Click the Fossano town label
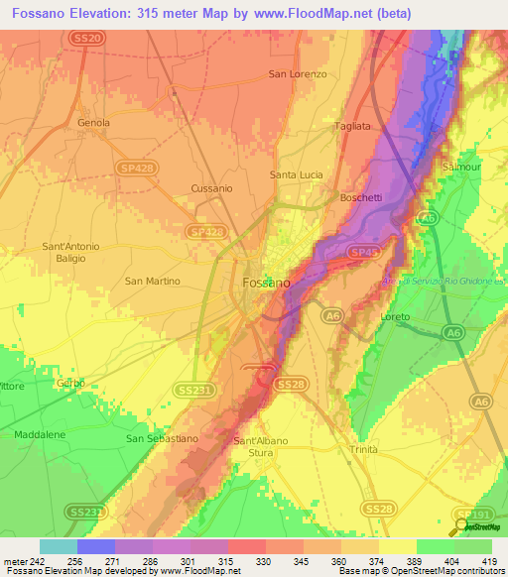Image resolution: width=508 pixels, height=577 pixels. click(267, 283)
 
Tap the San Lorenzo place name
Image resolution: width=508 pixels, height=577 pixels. click(299, 74)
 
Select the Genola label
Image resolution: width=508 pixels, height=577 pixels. click(94, 123)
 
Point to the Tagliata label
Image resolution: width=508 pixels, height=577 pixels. click(352, 127)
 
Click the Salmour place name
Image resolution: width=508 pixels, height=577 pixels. click(461, 168)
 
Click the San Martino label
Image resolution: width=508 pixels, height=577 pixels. click(153, 281)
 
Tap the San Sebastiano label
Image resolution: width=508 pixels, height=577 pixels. click(163, 438)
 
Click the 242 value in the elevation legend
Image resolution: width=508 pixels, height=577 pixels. click(31, 561)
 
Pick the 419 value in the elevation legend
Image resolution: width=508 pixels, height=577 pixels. click(491, 561)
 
